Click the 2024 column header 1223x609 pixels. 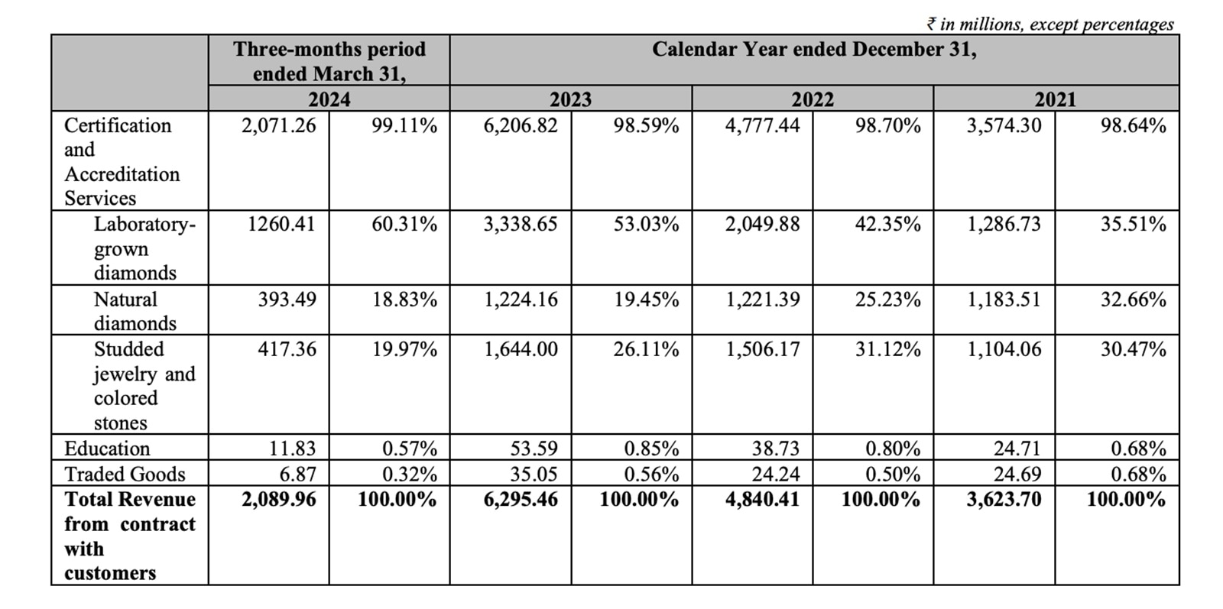pos(329,99)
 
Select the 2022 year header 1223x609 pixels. pos(812,99)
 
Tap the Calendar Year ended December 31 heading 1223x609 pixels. pos(813,50)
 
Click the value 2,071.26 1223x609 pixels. pos(278,125)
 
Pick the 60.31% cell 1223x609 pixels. pos(404,225)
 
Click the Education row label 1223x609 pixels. pos(107,449)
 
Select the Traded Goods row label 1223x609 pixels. pos(125,474)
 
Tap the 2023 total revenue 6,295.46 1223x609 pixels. pos(521,500)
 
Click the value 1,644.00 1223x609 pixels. pos(521,349)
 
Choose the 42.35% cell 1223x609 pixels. pos(887,225)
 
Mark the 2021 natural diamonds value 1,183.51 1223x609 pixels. pos(1004,300)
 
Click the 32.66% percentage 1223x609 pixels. pos(1133,300)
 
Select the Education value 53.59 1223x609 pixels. pos(534,449)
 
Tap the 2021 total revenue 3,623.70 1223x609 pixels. pos(1004,500)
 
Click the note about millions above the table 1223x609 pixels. pos(1049,24)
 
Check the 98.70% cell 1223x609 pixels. pos(887,125)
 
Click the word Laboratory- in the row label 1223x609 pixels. pos(144,225)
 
